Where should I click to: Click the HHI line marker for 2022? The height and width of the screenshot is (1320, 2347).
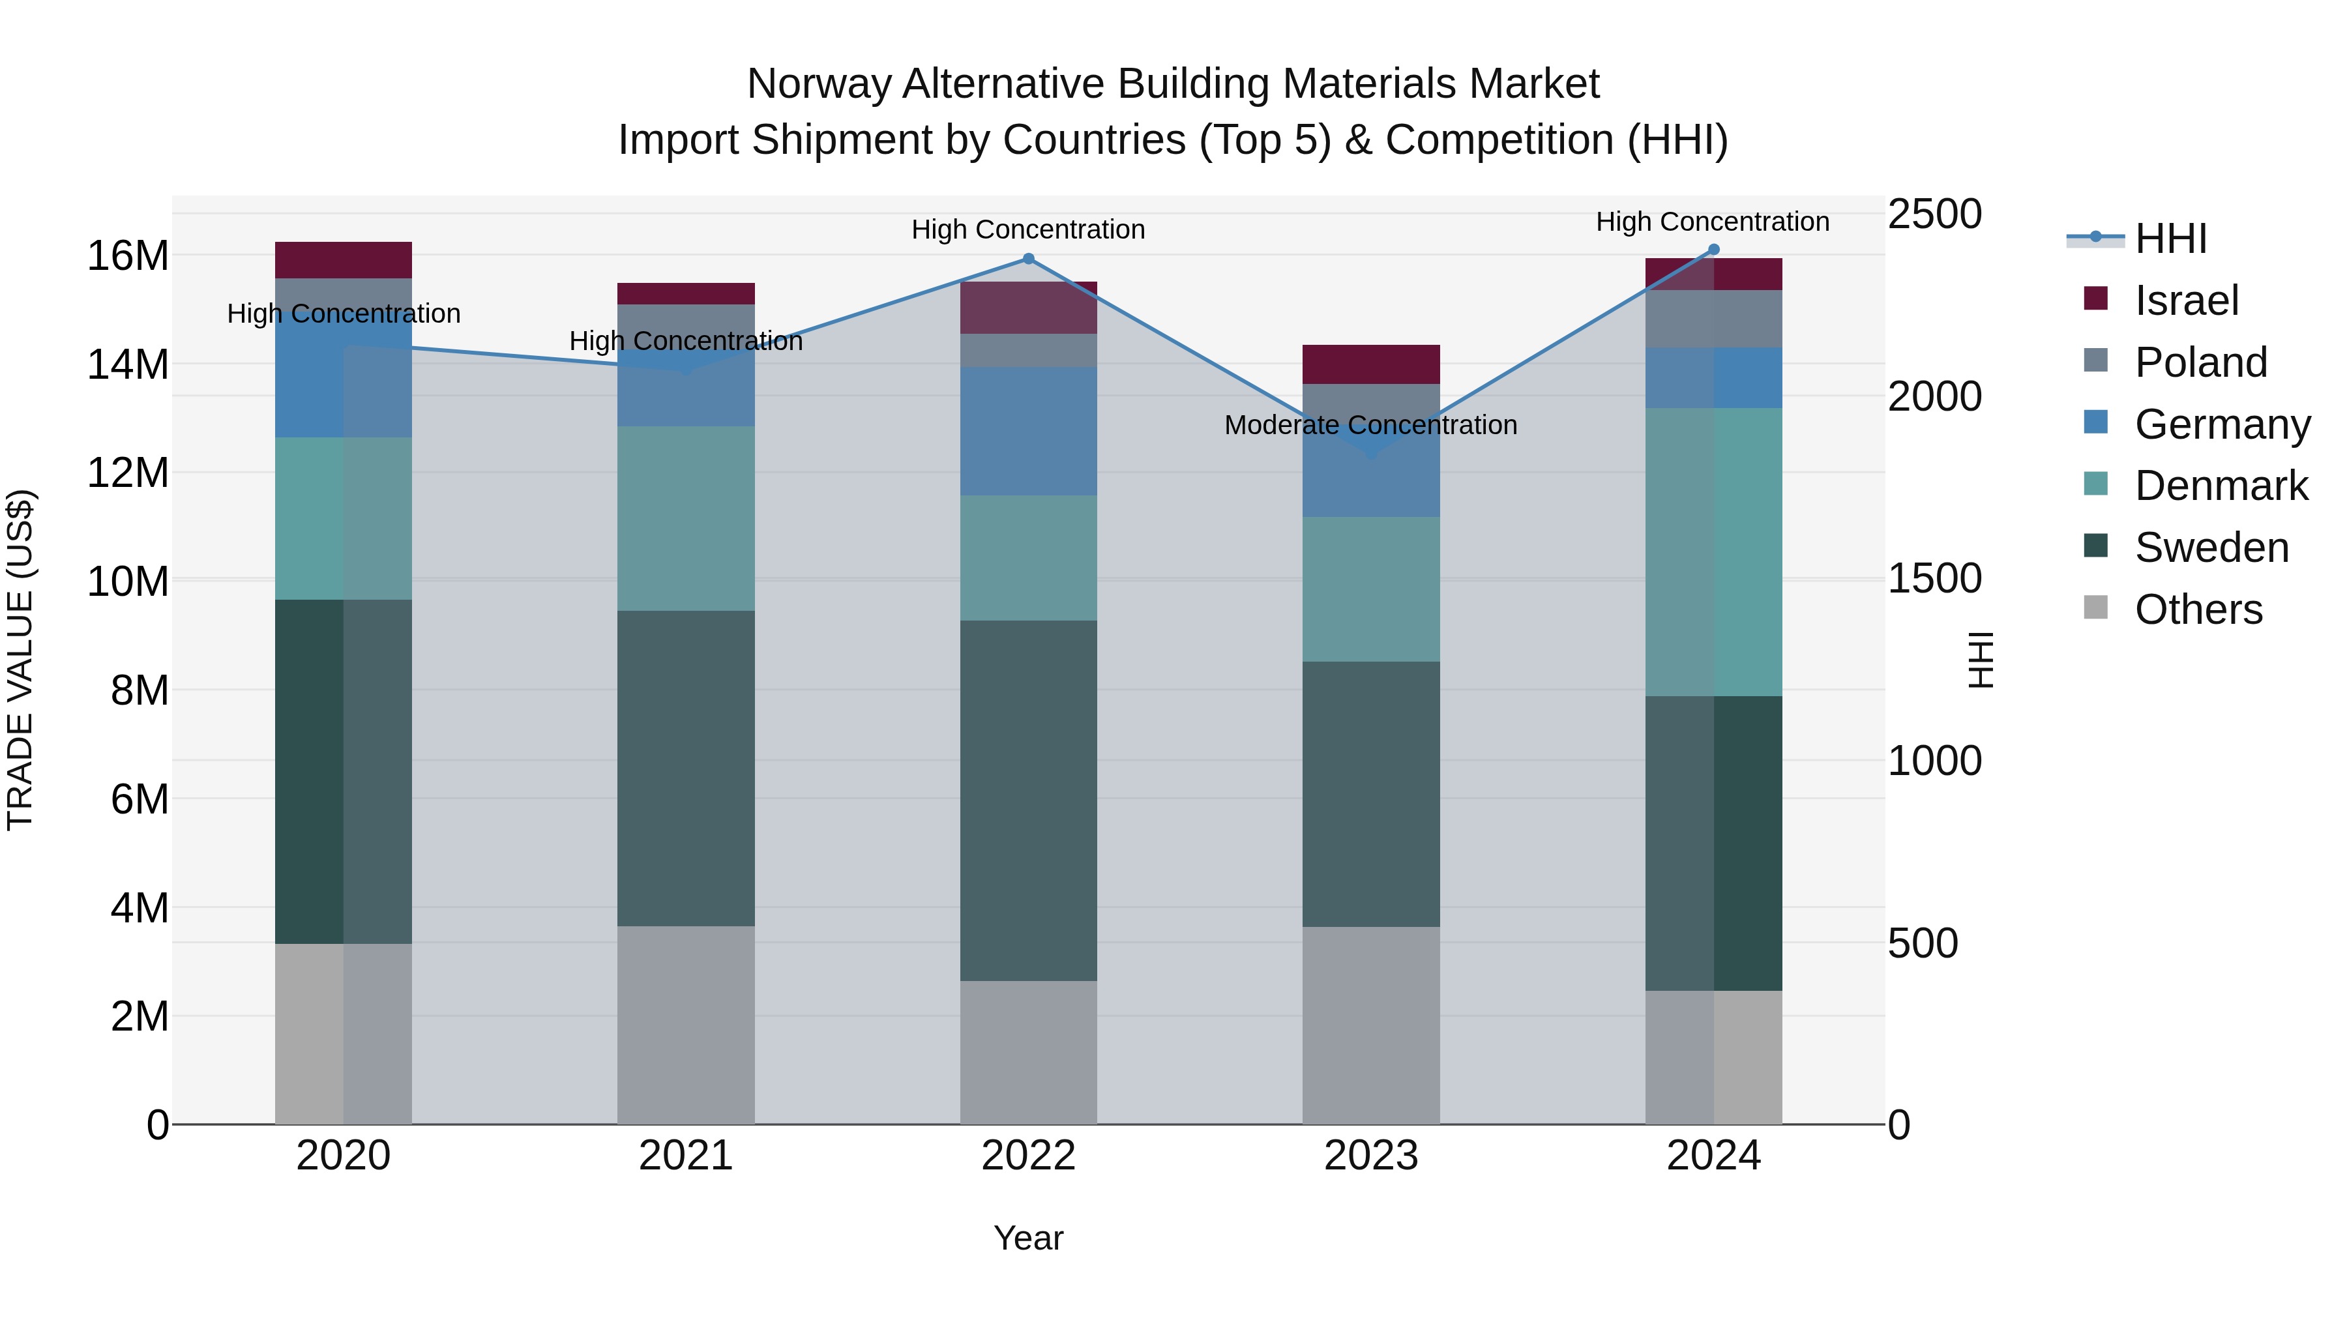point(1029,259)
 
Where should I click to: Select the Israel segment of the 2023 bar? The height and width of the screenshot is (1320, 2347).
point(1370,364)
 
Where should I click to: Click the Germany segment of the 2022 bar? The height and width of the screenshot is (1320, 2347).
point(1029,431)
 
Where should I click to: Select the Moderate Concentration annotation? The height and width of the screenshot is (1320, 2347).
point(1370,426)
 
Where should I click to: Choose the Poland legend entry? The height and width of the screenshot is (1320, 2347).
point(2200,362)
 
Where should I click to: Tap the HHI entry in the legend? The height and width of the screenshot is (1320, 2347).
point(2170,239)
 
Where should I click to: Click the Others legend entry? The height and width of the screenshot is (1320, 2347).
point(2198,609)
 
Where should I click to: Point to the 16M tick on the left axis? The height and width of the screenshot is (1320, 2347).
point(128,256)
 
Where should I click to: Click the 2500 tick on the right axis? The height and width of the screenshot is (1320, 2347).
point(1934,215)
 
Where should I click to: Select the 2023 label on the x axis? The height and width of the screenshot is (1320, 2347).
point(1370,1156)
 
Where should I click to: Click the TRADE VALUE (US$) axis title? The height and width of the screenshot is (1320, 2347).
point(20,660)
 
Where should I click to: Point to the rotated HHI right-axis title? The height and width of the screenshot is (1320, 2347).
point(1981,660)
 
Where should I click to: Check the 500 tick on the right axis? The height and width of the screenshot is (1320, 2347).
point(1923,944)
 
